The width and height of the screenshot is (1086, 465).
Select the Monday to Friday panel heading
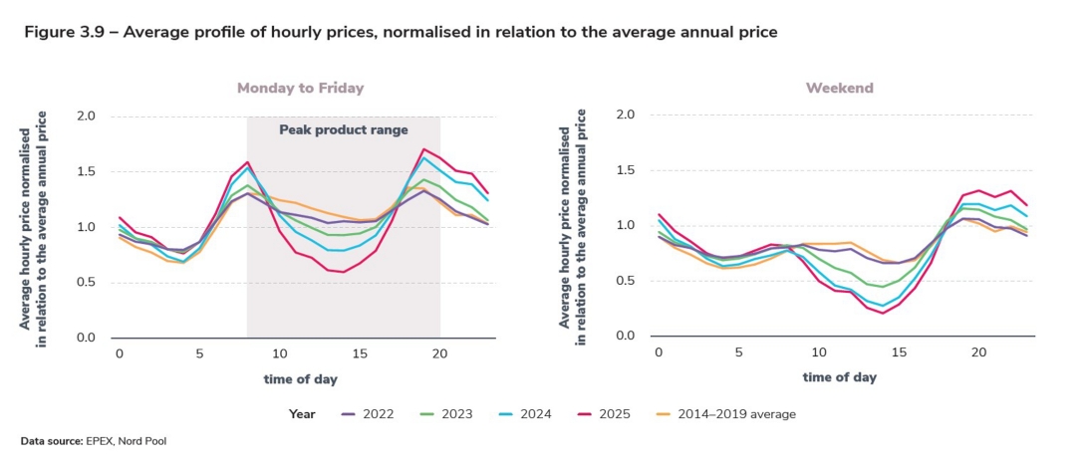pos(300,88)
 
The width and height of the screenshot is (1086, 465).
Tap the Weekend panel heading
pos(839,88)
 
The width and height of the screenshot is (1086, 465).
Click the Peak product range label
pos(343,129)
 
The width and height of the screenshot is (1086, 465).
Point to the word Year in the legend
pos(303,413)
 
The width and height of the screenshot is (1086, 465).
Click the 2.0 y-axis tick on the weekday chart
pos(86,116)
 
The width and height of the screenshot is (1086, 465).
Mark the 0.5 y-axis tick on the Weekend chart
pos(625,281)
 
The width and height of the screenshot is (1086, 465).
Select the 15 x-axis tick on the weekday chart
pos(360,354)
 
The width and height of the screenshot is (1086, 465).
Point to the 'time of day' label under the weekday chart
pos(300,379)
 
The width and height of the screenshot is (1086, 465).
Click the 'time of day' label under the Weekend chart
pos(839,377)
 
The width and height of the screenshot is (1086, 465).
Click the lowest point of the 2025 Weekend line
pos(883,313)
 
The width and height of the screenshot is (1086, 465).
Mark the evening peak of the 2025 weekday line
pos(424,149)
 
